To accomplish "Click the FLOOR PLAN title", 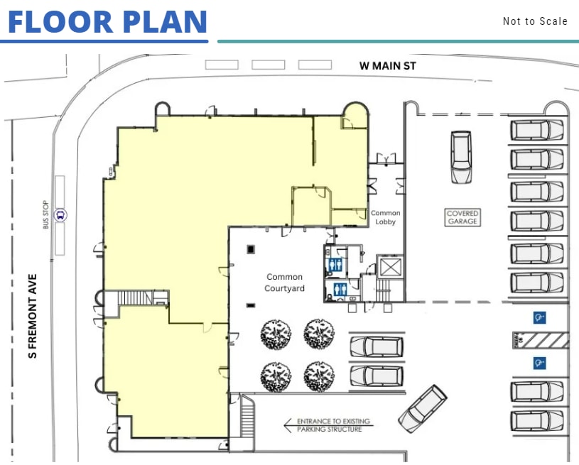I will click(107, 21).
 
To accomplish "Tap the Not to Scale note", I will click(535, 21).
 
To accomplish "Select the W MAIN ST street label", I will click(387, 66).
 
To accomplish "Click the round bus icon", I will click(61, 215).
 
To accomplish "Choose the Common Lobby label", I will click(386, 217).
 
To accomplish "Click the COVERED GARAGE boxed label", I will click(462, 217).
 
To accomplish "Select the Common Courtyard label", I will click(284, 283).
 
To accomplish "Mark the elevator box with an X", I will click(390, 267).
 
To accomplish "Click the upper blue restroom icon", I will click(337, 263).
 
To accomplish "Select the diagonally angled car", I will click(423, 408).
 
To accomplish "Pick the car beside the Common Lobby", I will click(461, 156).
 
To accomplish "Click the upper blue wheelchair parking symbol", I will click(539, 317).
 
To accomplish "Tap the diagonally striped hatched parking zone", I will click(541, 340).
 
